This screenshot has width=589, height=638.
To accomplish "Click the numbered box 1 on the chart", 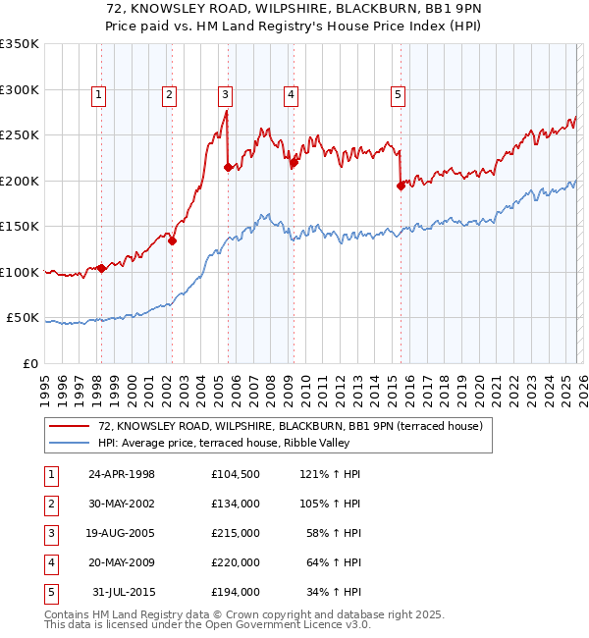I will (x=100, y=95).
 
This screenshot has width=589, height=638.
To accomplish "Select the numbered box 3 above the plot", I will (x=226, y=95).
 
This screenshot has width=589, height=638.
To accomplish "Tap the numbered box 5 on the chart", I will (x=398, y=95).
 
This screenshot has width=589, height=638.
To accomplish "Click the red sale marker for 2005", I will (x=228, y=168).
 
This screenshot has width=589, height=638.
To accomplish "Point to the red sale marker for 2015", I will (x=401, y=186).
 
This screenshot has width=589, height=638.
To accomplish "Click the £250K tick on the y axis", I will (x=20, y=135).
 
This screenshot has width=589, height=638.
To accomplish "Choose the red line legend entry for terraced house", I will (x=290, y=427).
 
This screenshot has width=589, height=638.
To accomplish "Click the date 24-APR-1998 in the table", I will (x=122, y=474).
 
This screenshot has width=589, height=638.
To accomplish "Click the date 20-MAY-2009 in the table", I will (x=122, y=562).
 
